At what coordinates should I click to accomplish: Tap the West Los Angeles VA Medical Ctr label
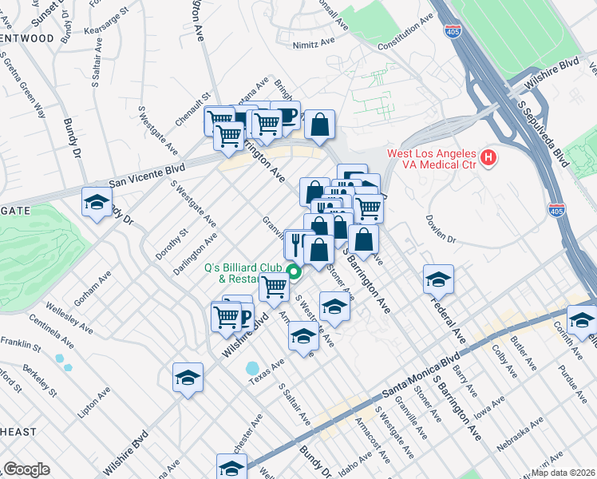(x=431, y=160)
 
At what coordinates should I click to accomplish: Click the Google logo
(x=26, y=469)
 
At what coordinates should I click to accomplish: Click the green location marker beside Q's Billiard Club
(x=294, y=273)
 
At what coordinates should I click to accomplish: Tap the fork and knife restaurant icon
(x=296, y=243)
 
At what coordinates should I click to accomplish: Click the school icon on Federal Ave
(x=438, y=280)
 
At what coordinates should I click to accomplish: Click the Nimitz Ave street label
(x=311, y=46)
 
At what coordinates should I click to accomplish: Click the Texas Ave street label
(x=267, y=370)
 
